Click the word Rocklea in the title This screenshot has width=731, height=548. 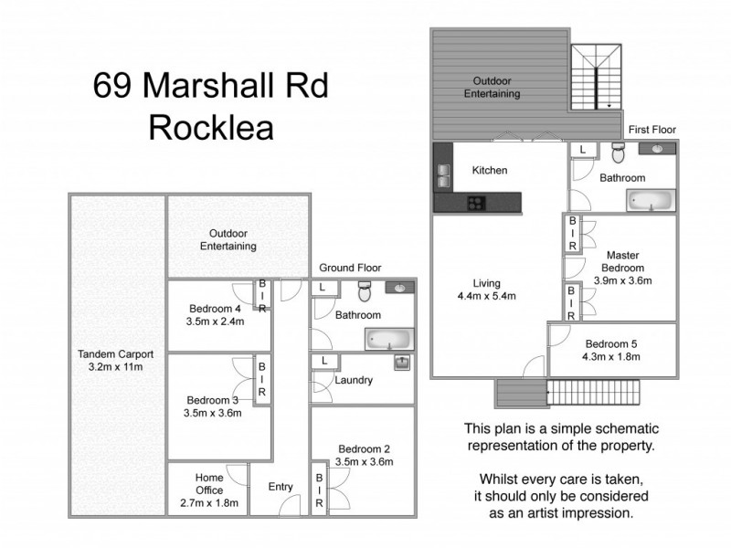(211, 127)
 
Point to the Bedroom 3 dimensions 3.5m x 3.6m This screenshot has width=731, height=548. (213, 412)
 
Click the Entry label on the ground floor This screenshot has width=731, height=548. (281, 487)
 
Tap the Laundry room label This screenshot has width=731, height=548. (354, 380)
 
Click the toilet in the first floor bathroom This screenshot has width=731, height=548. (617, 151)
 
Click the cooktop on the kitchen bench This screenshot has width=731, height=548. (477, 202)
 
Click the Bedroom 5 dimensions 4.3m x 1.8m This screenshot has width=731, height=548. (614, 356)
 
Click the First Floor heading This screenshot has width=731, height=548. (651, 130)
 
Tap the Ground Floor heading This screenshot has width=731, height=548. (350, 268)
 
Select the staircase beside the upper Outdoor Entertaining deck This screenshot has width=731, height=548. (595, 78)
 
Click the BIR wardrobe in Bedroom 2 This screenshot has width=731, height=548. (320, 491)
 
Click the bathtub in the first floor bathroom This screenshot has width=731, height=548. (651, 200)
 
